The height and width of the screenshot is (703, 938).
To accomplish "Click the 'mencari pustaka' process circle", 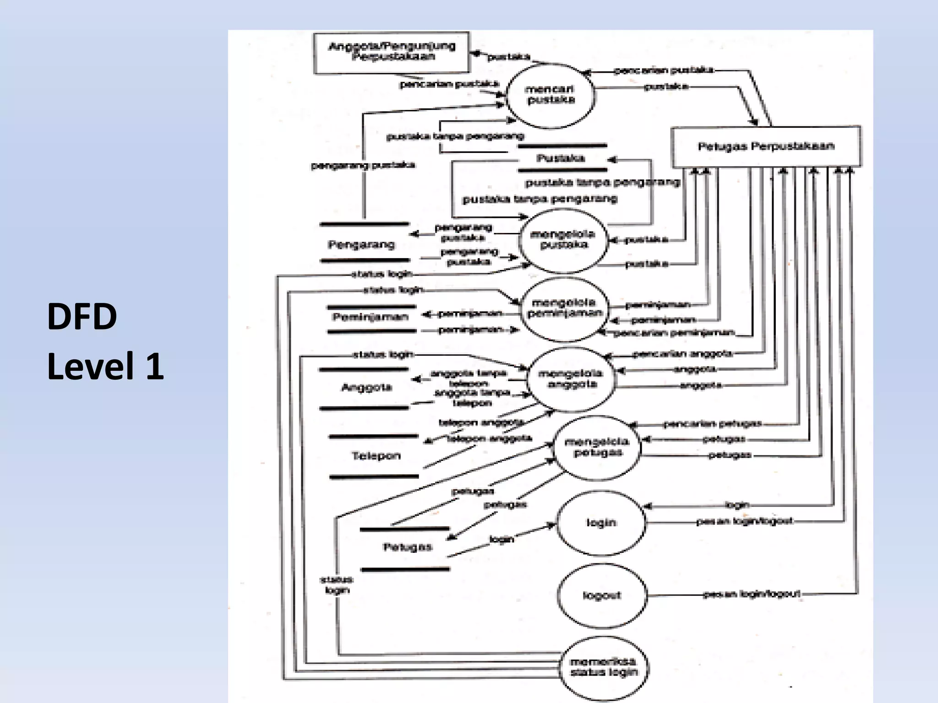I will tap(550, 95).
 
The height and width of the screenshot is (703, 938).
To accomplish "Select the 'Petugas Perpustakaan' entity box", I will tap(766, 146).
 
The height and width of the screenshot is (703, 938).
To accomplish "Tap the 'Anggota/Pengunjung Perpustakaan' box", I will tap(392, 52).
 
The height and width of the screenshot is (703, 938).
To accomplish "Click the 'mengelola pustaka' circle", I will tap(563, 240).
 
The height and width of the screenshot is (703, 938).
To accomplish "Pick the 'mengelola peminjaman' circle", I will tap(564, 308).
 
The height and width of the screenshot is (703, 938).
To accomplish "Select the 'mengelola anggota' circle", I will tap(571, 379).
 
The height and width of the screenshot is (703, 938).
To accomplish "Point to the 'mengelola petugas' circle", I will tap(597, 448).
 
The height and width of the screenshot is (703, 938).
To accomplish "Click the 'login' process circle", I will tap(601, 523).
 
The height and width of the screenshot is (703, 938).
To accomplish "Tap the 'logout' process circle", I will tap(602, 595).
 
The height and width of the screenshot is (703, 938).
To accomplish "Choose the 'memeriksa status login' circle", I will tap(604, 667).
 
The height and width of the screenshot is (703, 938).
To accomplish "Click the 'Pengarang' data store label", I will tap(361, 244).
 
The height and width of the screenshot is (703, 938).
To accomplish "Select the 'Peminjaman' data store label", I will tap(370, 317).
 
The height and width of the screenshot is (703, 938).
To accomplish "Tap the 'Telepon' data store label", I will tap(376, 456).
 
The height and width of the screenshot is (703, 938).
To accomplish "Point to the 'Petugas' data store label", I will tap(407, 547).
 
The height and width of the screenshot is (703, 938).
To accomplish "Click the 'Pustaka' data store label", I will tap(561, 158).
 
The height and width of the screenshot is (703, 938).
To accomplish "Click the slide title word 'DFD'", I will tap(82, 317).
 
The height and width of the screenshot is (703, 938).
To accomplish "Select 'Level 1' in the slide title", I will tap(105, 366).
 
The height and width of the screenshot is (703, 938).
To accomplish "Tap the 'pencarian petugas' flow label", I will tap(712, 424).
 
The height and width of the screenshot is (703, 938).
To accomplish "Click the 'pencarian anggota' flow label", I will tap(682, 354).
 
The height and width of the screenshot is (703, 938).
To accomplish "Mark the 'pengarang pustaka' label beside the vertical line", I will tap(363, 165).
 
